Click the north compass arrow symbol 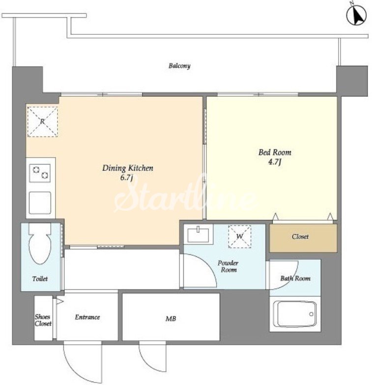tap(357, 15)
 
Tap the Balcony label tap(179, 66)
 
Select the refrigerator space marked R tap(42, 122)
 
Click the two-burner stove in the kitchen tap(40, 173)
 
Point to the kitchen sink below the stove tap(40, 203)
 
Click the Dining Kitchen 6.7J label tap(128, 172)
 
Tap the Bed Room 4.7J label tap(275, 157)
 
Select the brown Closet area tap(303, 238)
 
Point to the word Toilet tap(40, 279)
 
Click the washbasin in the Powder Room tap(198, 235)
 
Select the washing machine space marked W tap(240, 237)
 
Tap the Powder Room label tap(228, 266)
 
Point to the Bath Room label tap(295, 278)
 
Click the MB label tap(171, 319)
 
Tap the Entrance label tap(87, 317)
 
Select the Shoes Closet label tap(43, 320)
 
